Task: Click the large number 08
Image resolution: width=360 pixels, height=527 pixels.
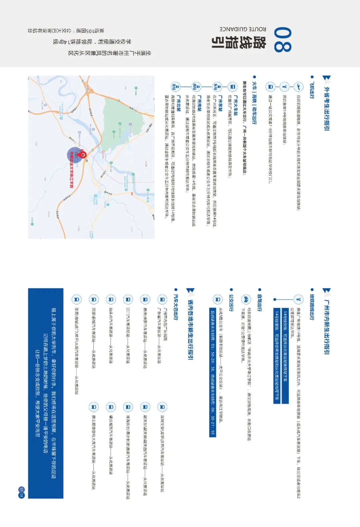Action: (283, 40)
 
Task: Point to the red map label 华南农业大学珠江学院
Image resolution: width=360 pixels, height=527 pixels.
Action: (71, 170)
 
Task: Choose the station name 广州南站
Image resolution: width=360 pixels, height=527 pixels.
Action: (199, 104)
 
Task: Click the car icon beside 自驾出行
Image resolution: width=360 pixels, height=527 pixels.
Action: (246, 300)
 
